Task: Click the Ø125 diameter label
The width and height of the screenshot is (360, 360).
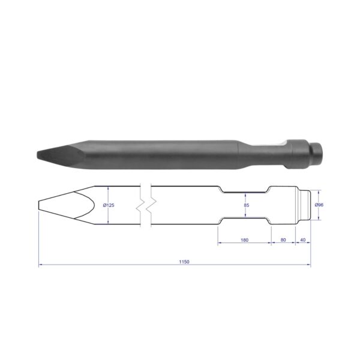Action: tap(109, 205)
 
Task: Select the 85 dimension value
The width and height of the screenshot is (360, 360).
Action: tap(247, 205)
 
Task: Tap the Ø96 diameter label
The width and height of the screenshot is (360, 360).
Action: tap(319, 205)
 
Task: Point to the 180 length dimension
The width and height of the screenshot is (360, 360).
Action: tap(245, 240)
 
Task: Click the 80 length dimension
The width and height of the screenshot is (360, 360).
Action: tap(283, 239)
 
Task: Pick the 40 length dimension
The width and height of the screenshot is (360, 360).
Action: tap(303, 239)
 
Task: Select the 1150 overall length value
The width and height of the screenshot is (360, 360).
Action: tap(184, 262)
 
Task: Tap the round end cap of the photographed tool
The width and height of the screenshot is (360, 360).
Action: tap(317, 152)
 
